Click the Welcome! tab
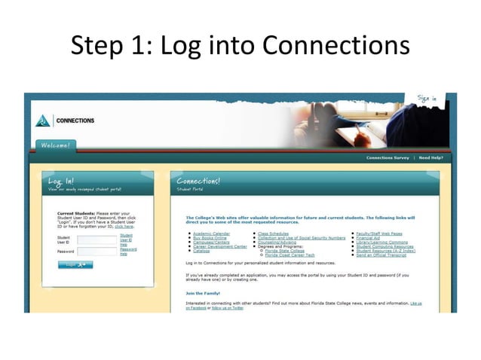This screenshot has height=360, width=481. coord(55,145)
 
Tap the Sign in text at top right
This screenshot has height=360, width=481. coord(427,98)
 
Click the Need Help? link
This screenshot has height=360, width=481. coord(430,158)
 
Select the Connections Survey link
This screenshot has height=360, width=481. coord(388,158)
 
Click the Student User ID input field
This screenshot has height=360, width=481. coord(97,239)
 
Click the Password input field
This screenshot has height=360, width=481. coord(97,252)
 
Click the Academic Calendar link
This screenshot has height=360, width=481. coord(210,234)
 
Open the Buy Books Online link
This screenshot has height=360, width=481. coord(208,238)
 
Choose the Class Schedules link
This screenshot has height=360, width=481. coord(273,234)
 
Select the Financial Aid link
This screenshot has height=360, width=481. coord(370,238)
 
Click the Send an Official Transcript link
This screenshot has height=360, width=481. coord(381,255)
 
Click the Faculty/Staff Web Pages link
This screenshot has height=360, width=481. coord(379,234)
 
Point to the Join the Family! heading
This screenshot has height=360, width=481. coord(202,293)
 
